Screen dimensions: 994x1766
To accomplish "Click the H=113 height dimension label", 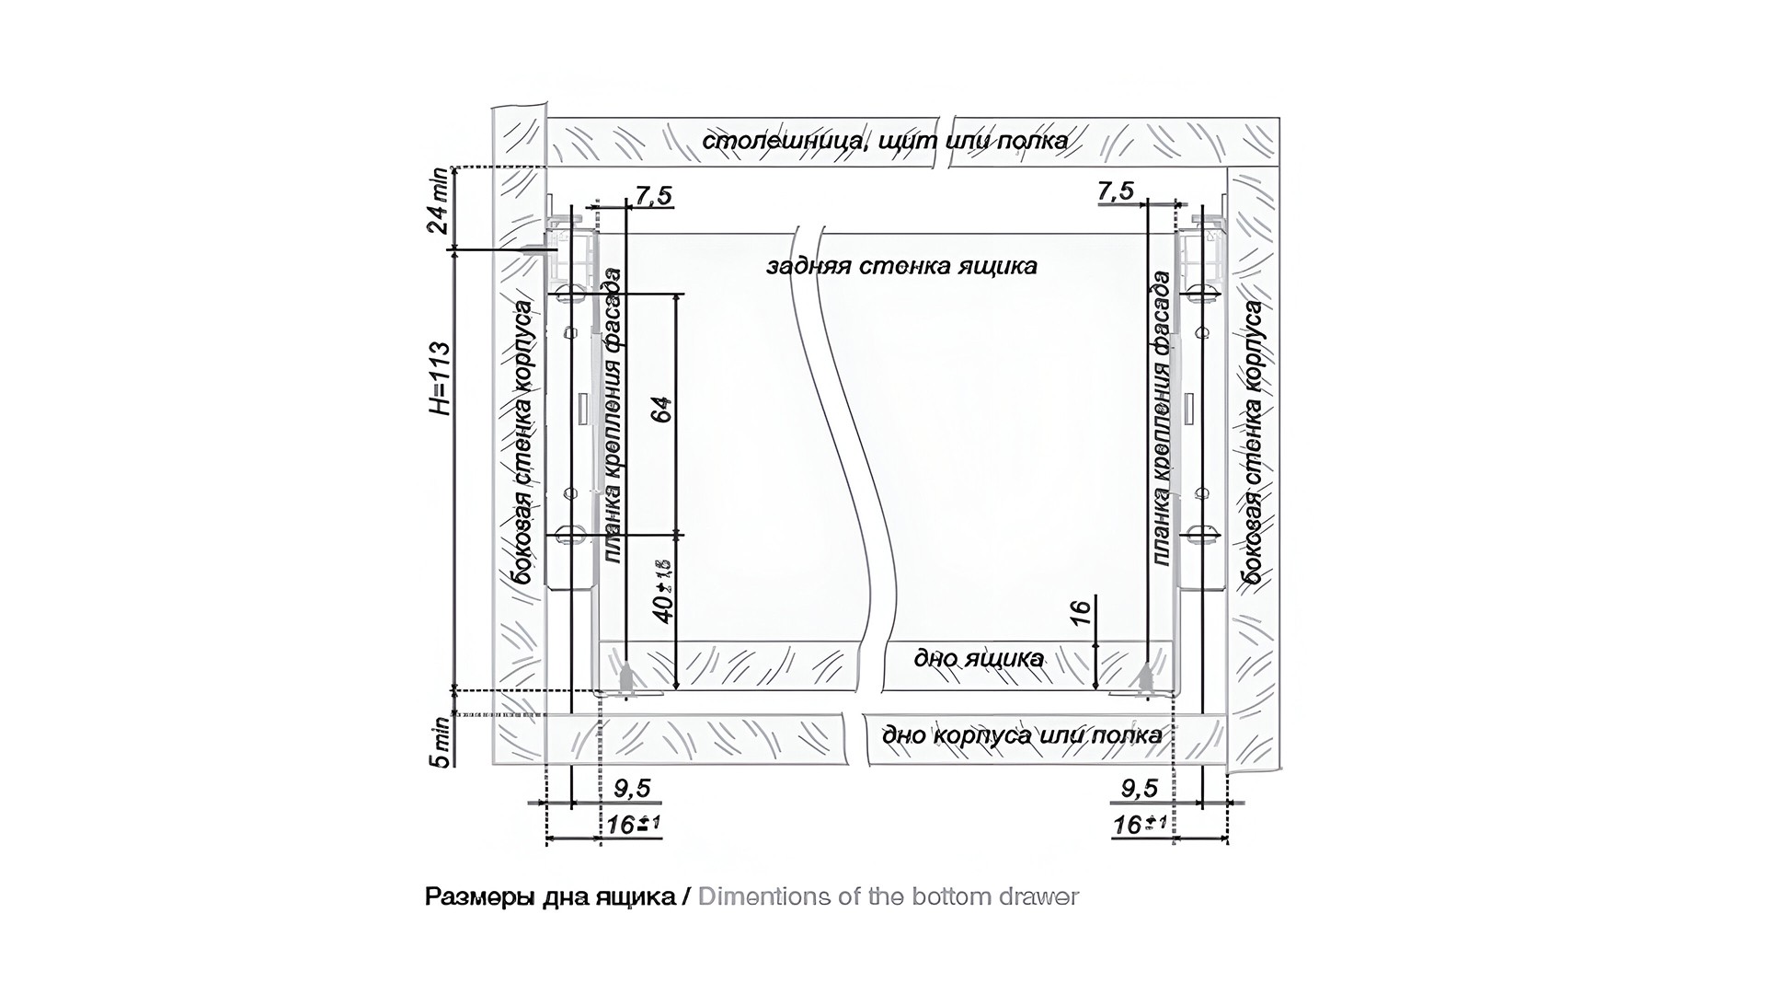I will pyautogui.click(x=441, y=377).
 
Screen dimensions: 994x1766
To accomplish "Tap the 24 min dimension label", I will pyautogui.click(x=440, y=202).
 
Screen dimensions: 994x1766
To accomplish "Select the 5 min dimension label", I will pyautogui.click(x=442, y=742).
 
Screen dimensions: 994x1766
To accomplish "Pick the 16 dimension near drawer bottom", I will pyautogui.click(x=1082, y=612).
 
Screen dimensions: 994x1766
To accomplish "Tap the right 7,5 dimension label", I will pyautogui.click(x=1116, y=191).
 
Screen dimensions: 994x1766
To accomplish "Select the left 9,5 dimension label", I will pyautogui.click(x=632, y=789).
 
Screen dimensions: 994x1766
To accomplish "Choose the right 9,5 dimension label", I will pyautogui.click(x=1140, y=789).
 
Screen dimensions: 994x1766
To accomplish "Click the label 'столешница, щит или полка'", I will pyautogui.click(x=885, y=141).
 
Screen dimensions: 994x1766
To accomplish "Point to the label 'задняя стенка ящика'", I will pyautogui.click(x=901, y=266).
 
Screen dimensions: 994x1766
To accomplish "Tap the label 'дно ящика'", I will pyautogui.click(x=979, y=658).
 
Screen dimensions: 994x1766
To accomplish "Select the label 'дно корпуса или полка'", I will pyautogui.click(x=1022, y=735).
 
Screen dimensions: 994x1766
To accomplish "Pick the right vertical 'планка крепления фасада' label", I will pyautogui.click(x=1161, y=419).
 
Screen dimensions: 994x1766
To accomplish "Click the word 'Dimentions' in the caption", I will pyautogui.click(x=764, y=896).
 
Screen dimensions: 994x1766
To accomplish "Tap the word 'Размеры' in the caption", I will pyautogui.click(x=473, y=896).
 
